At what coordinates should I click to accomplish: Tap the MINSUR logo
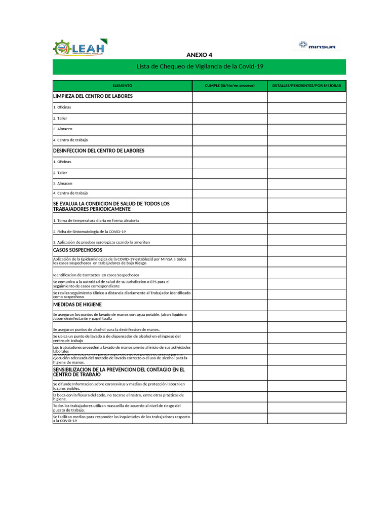[x=318, y=45]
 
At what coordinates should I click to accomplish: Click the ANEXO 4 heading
[x=200, y=55]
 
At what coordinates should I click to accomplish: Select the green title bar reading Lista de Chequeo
[x=200, y=66]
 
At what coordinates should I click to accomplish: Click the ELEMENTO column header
[x=122, y=86]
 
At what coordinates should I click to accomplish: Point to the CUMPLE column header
[x=229, y=86]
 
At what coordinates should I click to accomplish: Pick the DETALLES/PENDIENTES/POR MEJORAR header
[x=306, y=86]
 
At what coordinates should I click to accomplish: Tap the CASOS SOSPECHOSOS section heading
[x=77, y=250]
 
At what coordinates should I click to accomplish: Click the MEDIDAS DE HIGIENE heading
[x=77, y=305]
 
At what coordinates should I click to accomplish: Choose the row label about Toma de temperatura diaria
[x=96, y=220]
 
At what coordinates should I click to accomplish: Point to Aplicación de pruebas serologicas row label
[x=101, y=242]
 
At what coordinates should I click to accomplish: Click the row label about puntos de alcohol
[x=106, y=329]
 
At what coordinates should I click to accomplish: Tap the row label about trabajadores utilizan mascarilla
[x=116, y=407]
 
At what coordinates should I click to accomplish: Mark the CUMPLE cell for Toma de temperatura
[x=229, y=218]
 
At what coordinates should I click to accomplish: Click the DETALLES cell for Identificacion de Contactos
[x=306, y=273]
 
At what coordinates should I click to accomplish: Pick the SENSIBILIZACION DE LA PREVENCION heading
[x=119, y=372]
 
